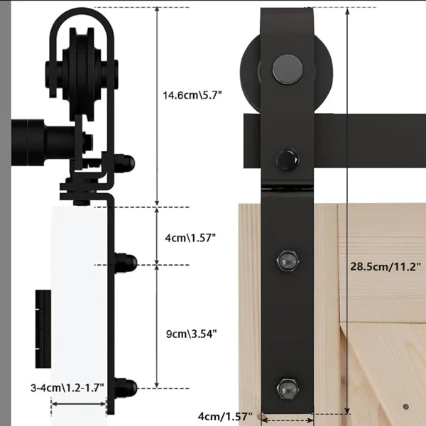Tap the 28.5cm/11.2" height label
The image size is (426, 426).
point(386,266)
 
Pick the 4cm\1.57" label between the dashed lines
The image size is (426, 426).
point(190,239)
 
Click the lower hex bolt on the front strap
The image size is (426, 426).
point(287,388)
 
